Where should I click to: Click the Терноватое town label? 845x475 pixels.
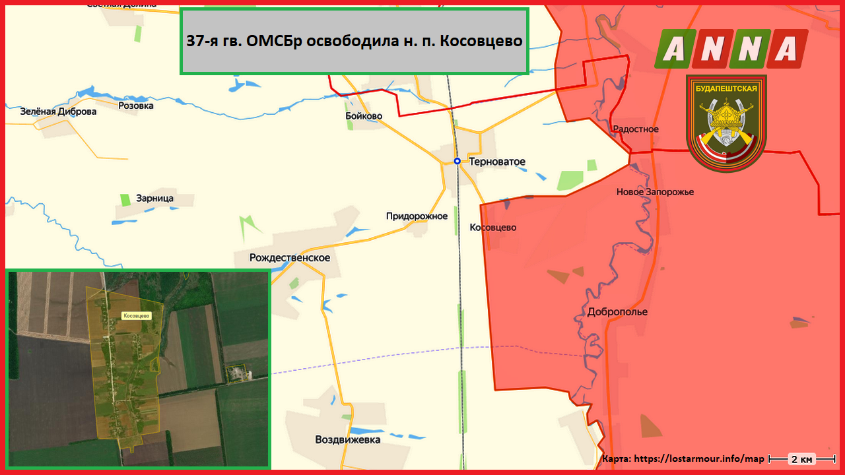coord(497,162)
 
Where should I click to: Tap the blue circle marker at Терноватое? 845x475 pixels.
coord(457,161)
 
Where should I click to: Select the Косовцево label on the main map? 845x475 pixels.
coord(492,228)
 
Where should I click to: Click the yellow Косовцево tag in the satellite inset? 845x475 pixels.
coord(137,316)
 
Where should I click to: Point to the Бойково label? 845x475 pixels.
coord(363,116)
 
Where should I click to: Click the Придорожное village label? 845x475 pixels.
coord(417,216)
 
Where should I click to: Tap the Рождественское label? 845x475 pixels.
coord(289,258)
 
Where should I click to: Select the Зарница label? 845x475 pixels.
coord(154,198)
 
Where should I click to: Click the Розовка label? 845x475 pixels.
coord(136,106)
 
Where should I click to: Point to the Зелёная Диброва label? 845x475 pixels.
coord(58,111)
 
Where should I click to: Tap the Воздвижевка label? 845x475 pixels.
coord(348,439)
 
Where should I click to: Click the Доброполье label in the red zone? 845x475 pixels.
coord(617,312)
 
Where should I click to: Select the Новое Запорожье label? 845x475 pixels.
coord(655,192)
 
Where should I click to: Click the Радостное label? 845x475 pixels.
coord(636,129)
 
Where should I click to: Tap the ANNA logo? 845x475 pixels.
coord(731,49)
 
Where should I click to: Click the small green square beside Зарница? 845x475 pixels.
coord(125,199)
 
